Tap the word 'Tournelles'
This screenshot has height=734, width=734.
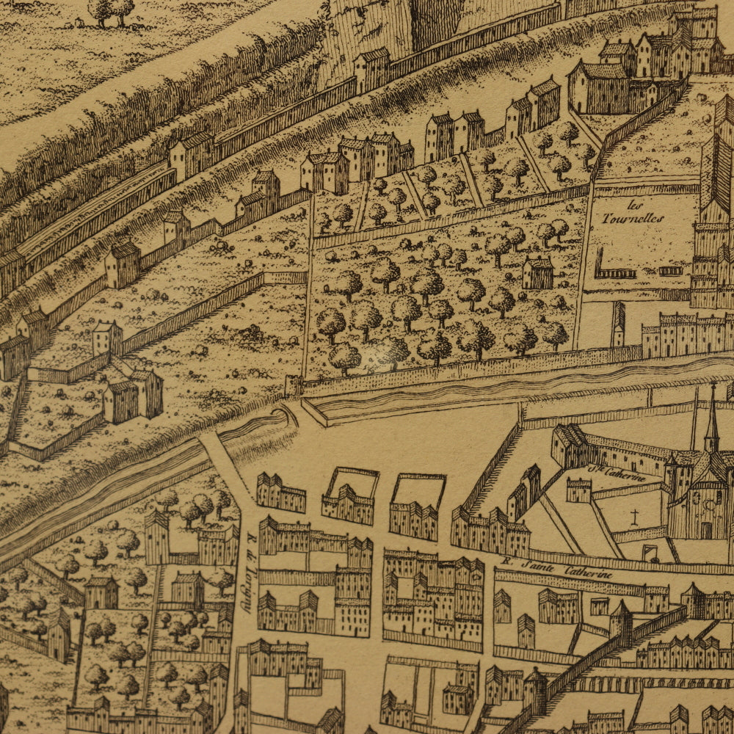click(632, 218)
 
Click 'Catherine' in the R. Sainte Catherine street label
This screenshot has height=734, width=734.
click(587, 572)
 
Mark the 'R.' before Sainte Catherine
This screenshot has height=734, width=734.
click(506, 562)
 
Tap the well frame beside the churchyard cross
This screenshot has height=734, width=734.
click(649, 552)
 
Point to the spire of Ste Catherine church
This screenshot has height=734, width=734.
click(711, 418)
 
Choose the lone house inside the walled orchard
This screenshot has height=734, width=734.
click(538, 273)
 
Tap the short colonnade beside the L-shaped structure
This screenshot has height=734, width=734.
click(671, 271)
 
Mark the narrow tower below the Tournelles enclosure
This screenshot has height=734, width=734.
click(619, 324)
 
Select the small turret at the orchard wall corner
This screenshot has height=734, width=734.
click(294, 385)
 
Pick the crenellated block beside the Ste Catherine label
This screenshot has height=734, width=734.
click(578, 490)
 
